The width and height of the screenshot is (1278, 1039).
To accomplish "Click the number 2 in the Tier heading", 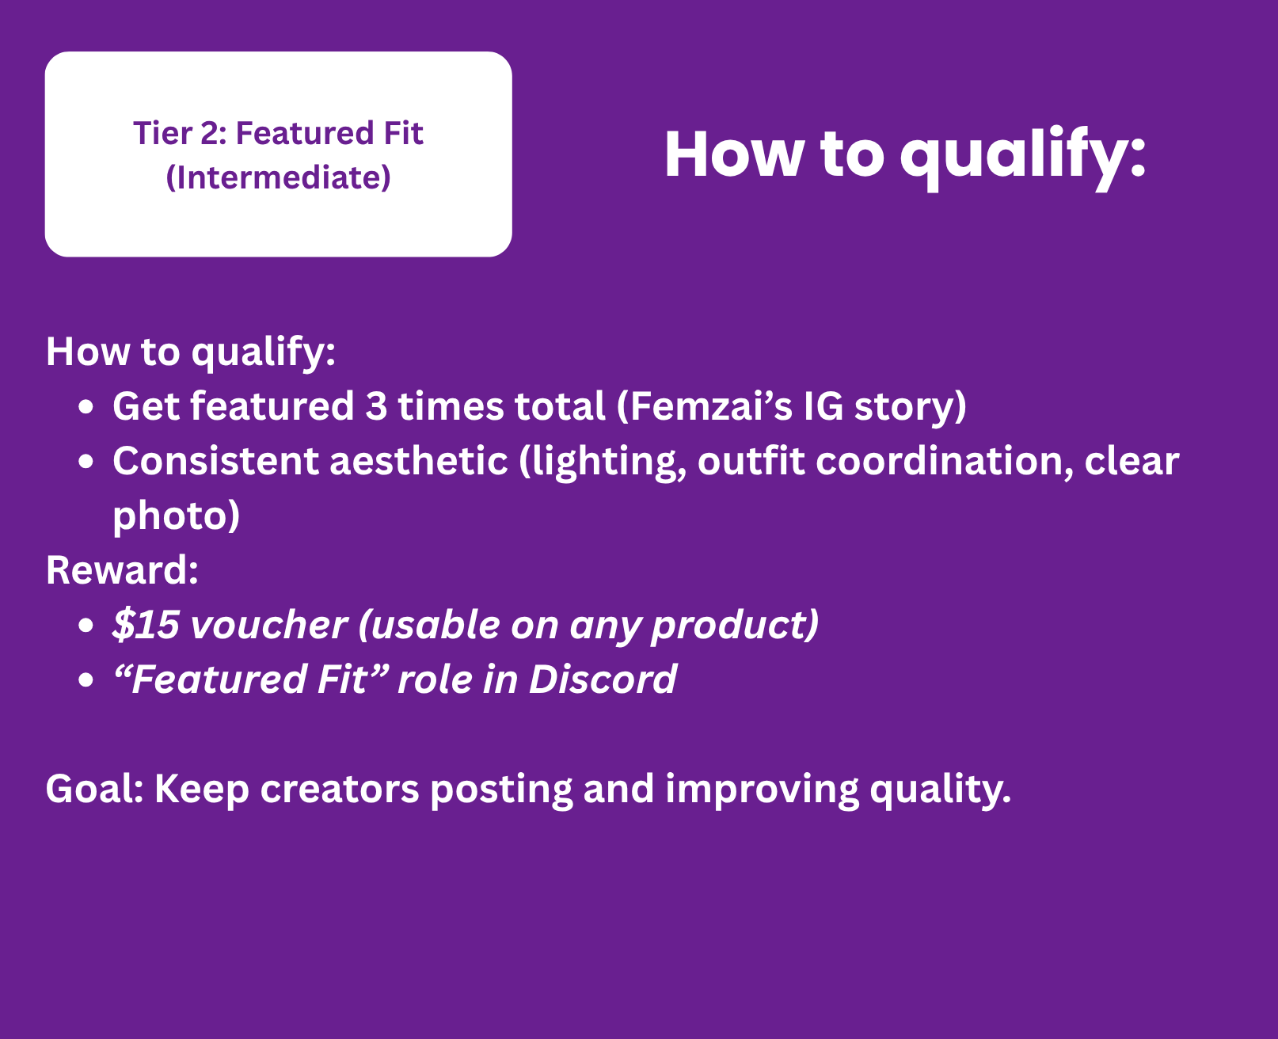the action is point(211,133).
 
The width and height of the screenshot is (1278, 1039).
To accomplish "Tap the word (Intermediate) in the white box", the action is point(279,177).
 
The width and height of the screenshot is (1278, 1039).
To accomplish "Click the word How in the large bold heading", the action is point(734,154).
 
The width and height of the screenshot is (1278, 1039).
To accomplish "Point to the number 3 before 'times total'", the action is point(376,406).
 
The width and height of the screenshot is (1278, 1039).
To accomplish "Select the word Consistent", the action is point(215,461).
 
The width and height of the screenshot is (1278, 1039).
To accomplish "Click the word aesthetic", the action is point(418,461).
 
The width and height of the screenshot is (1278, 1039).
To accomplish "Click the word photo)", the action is point(176,516).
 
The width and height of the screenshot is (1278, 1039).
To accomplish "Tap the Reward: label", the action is point(123,570).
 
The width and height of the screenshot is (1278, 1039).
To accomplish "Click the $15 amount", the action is point(146,625).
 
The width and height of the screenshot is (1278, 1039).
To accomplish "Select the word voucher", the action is point(268,625).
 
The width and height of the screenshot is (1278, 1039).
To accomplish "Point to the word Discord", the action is point(603,679).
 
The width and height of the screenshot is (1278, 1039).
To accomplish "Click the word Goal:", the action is point(95,788).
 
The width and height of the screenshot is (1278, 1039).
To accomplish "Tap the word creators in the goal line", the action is point(340,790).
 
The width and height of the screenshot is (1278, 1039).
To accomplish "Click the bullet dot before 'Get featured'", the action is point(86,407).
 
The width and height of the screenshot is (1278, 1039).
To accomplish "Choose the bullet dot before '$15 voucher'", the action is point(86,625).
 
